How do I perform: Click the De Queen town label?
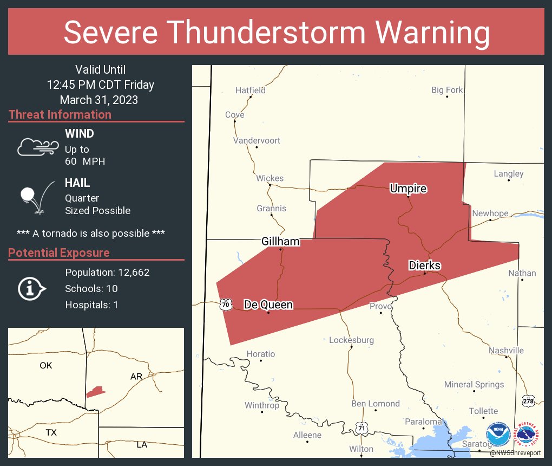click(268, 305)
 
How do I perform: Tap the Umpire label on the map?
click(408, 189)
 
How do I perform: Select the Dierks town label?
click(424, 266)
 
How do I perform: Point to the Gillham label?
click(280, 242)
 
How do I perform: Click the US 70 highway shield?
click(226, 305)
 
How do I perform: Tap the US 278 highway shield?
click(528, 402)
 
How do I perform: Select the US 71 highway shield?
click(362, 428)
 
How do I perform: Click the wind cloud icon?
click(37, 146)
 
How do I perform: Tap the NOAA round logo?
click(498, 435)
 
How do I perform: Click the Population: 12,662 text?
click(107, 273)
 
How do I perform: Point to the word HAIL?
click(77, 183)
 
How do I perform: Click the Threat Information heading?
click(60, 115)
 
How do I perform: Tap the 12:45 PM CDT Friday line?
click(100, 85)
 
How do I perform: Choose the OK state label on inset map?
click(46, 366)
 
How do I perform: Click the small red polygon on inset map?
click(95, 392)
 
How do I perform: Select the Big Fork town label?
click(447, 90)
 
